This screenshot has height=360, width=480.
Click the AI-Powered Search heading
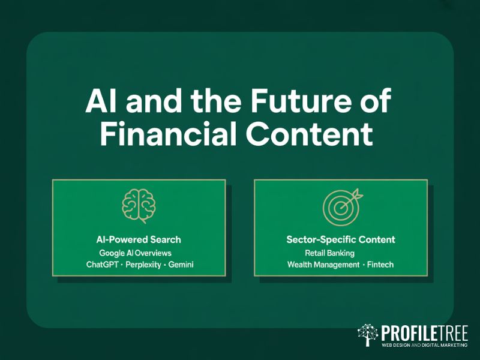pyautogui.click(x=138, y=240)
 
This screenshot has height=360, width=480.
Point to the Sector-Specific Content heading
pyautogui.click(x=341, y=240)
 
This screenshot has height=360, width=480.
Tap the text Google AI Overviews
pyautogui.click(x=136, y=253)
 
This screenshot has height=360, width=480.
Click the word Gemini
pyautogui.click(x=181, y=265)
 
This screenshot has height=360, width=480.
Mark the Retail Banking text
pyautogui.click(x=330, y=253)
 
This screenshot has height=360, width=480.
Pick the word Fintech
pyautogui.click(x=380, y=265)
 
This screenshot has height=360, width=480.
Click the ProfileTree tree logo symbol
pyautogui.click(x=368, y=335)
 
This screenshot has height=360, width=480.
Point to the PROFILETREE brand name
pyautogui.click(x=424, y=332)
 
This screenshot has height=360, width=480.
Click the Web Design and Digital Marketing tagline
pyautogui.click(x=424, y=345)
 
